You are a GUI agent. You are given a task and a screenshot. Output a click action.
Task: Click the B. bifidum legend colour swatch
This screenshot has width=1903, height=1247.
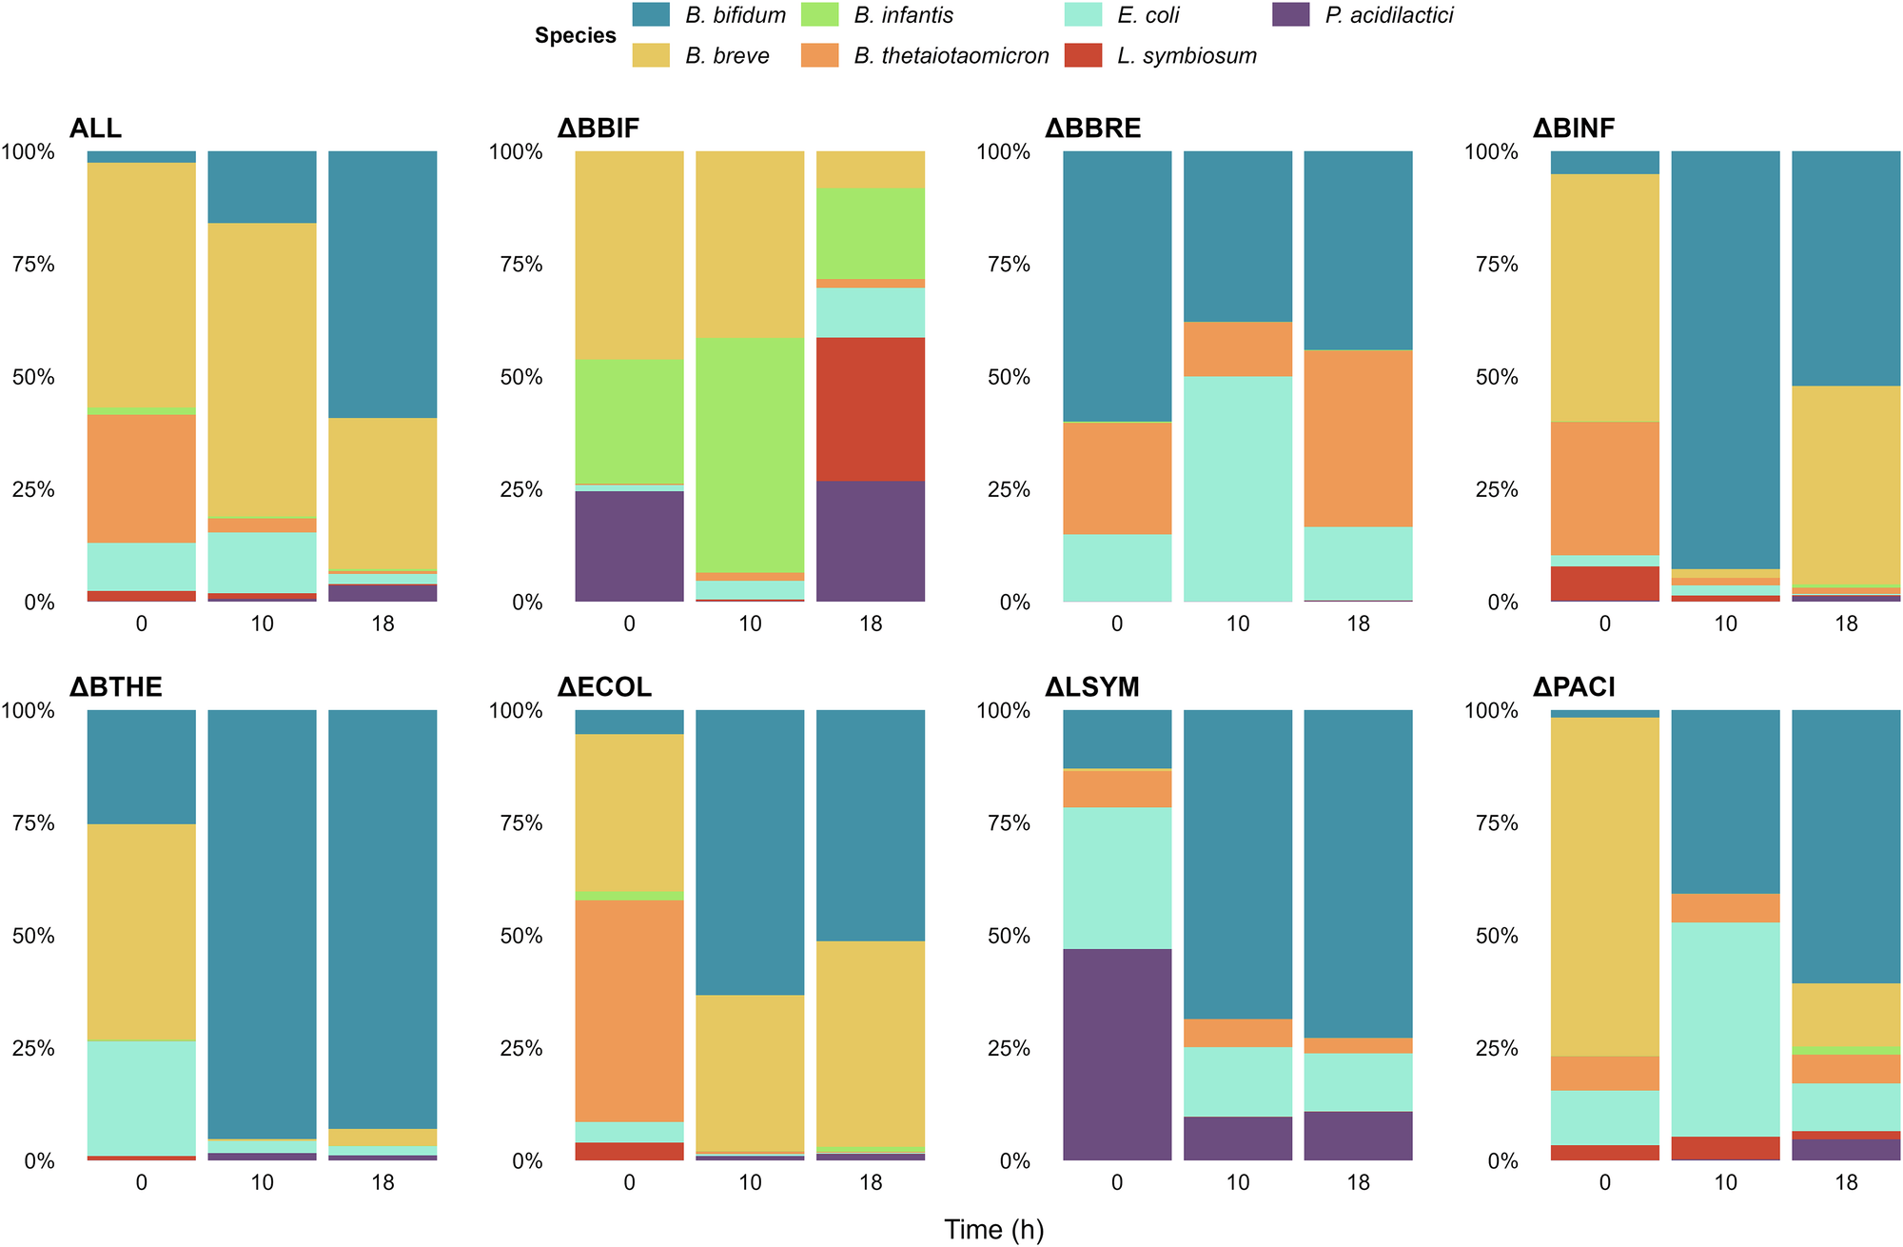tap(652, 15)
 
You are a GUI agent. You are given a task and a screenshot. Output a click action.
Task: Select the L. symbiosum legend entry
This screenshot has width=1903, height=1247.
tap(1186, 56)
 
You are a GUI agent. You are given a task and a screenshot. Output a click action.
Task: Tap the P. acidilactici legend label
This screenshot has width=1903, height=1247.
tap(1388, 15)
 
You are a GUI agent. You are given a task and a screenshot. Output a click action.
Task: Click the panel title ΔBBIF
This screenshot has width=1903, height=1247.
tap(598, 129)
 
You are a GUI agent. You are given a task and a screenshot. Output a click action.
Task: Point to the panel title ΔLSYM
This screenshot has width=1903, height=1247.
tap(1091, 687)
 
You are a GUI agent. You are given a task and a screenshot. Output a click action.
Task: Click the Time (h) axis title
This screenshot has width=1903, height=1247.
tap(993, 1230)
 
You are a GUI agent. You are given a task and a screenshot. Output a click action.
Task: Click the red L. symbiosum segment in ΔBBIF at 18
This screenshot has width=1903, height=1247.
tap(871, 409)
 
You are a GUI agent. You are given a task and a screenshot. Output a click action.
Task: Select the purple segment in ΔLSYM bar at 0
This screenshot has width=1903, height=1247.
tap(1117, 1054)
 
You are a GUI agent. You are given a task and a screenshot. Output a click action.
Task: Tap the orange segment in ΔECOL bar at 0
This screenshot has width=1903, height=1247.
tap(629, 1010)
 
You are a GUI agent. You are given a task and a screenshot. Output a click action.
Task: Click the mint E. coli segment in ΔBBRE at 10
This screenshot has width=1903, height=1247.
tap(1238, 488)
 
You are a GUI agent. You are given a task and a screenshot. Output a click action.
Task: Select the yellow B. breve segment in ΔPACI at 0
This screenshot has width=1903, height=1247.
tap(1604, 885)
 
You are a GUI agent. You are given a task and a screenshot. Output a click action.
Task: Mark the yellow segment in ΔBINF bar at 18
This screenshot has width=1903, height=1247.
tap(1846, 485)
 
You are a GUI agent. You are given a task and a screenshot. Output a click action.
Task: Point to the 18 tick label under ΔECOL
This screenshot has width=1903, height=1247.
tap(871, 1182)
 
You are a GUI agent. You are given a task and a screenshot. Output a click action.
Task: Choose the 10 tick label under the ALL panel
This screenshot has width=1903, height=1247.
tap(262, 623)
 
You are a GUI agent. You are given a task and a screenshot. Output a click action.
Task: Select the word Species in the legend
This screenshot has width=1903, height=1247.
tap(575, 36)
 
